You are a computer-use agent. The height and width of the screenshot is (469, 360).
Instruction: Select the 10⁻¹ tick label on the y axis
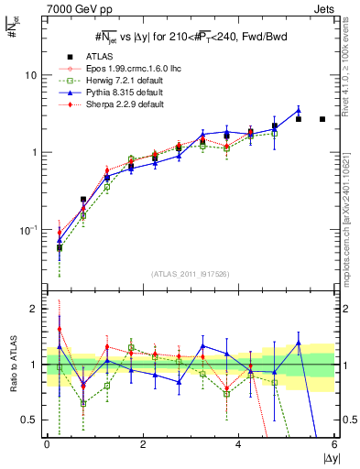coord(27,229)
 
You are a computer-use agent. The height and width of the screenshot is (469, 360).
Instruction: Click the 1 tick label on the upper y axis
coord(33,152)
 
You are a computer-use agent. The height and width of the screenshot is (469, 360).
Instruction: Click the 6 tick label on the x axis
coord(334,444)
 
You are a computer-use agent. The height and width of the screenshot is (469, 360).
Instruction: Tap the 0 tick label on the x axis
coord(47,444)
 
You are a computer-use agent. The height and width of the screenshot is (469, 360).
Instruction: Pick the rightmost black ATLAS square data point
coord(322,119)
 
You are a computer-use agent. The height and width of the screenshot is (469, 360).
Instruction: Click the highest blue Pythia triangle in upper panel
coord(298,111)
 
